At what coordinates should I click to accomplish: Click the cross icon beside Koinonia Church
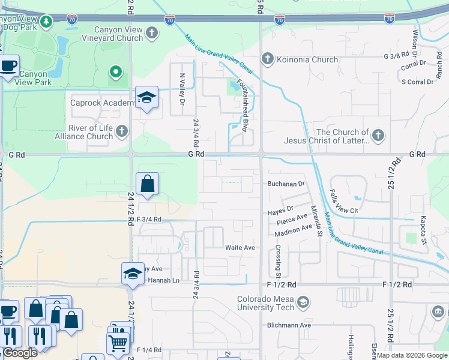(x=268, y=59)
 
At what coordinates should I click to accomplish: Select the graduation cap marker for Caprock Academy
(x=146, y=98)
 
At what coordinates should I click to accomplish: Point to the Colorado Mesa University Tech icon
(x=303, y=302)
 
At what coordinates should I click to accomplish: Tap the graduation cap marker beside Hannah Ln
(x=132, y=274)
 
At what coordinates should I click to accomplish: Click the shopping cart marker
(x=118, y=343)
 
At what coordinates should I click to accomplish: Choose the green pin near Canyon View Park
(x=116, y=74)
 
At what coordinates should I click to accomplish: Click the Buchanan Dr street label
(x=286, y=184)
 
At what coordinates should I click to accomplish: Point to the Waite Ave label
(x=240, y=247)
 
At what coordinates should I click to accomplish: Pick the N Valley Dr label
(x=181, y=86)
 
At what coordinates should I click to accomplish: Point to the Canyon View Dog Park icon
(x=46, y=22)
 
